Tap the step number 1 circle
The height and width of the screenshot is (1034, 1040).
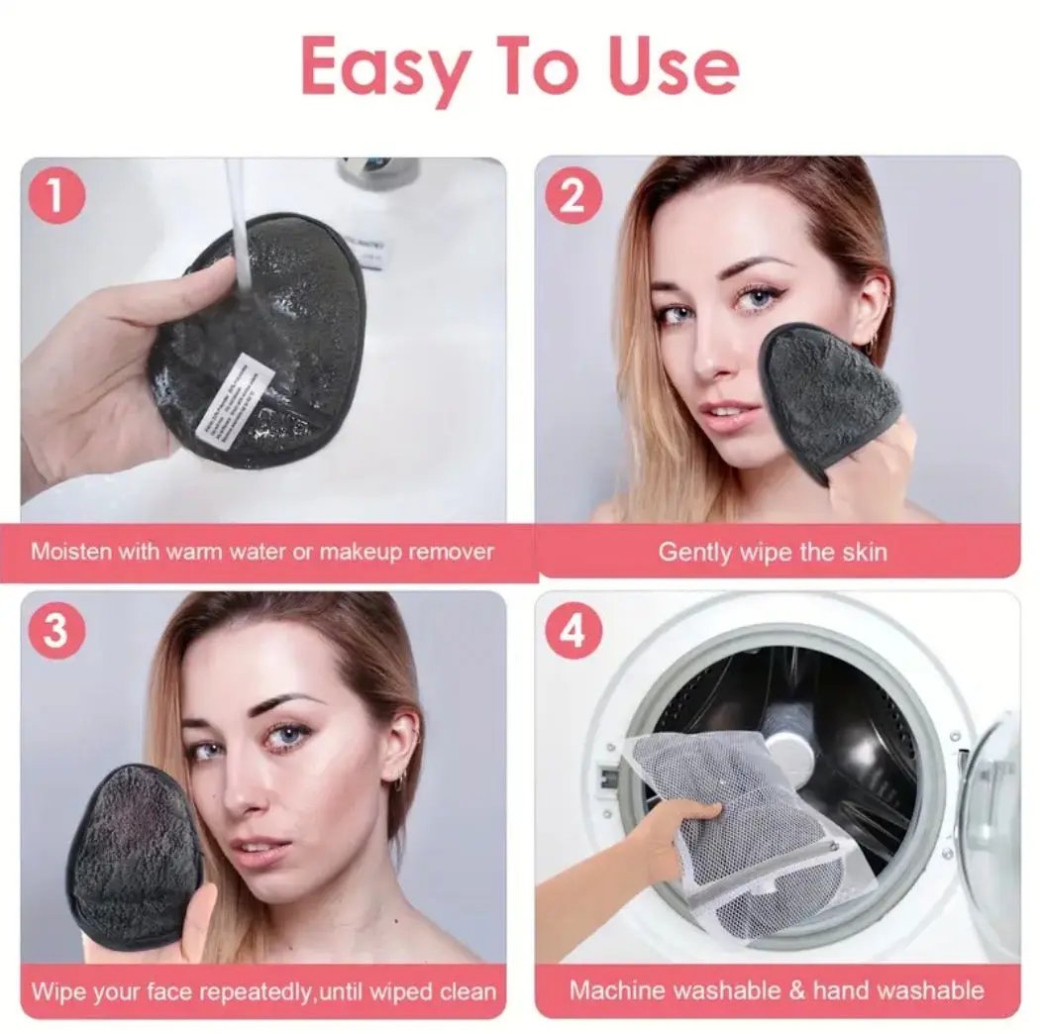point(56,195)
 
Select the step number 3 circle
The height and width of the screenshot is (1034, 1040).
point(56,631)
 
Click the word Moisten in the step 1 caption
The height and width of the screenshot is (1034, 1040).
point(71,551)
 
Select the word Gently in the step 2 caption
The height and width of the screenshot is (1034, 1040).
point(694,551)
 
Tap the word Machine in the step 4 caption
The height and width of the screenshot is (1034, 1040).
point(611,989)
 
